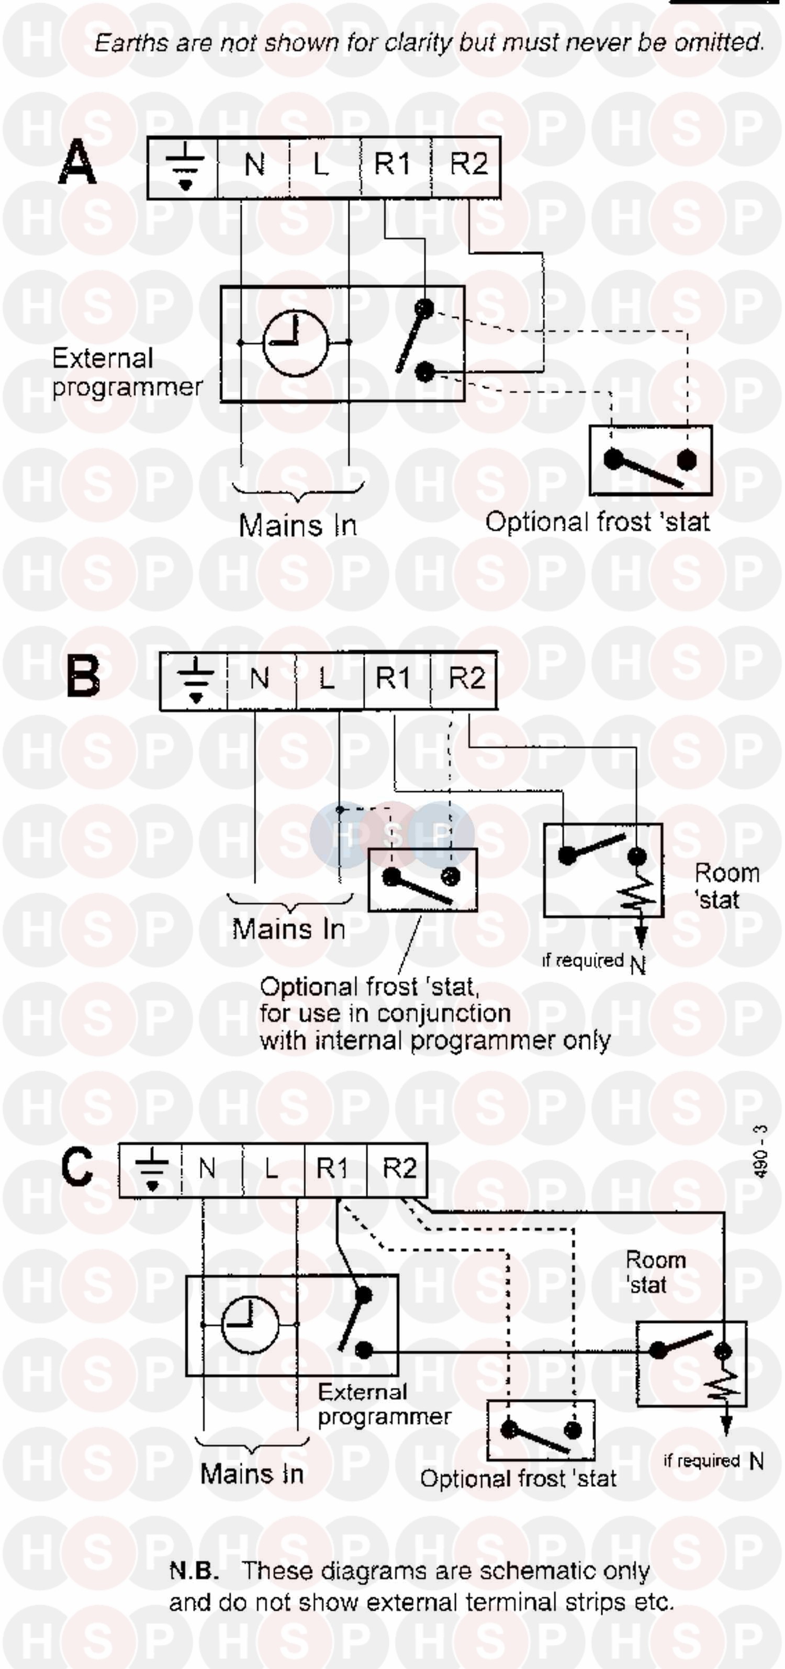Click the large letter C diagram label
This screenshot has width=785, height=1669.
(77, 1167)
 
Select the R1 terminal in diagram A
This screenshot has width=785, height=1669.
(392, 164)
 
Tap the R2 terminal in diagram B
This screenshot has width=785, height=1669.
(466, 680)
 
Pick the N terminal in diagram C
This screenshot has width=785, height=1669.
(207, 1169)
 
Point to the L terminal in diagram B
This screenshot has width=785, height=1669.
(327, 680)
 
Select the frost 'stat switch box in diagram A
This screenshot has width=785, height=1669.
(651, 460)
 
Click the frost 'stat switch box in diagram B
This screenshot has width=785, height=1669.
(422, 880)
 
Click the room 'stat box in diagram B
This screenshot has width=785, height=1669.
(602, 870)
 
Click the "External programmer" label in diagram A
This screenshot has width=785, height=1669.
(126, 373)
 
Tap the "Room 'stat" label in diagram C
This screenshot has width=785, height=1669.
(654, 1272)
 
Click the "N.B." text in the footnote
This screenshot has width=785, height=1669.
(194, 1571)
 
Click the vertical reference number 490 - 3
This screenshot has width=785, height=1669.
(761, 1151)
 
